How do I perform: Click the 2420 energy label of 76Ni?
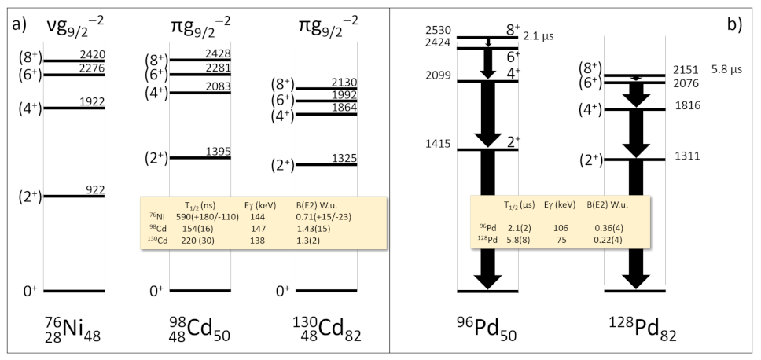92,55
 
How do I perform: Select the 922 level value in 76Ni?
95,189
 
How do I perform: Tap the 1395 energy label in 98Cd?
218,151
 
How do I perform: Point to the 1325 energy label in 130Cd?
344,159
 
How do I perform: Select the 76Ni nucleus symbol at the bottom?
72,332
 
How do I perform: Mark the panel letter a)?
19,24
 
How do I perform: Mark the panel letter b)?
736,24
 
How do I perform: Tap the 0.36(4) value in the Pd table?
600,226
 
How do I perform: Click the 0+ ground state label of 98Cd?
155,291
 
